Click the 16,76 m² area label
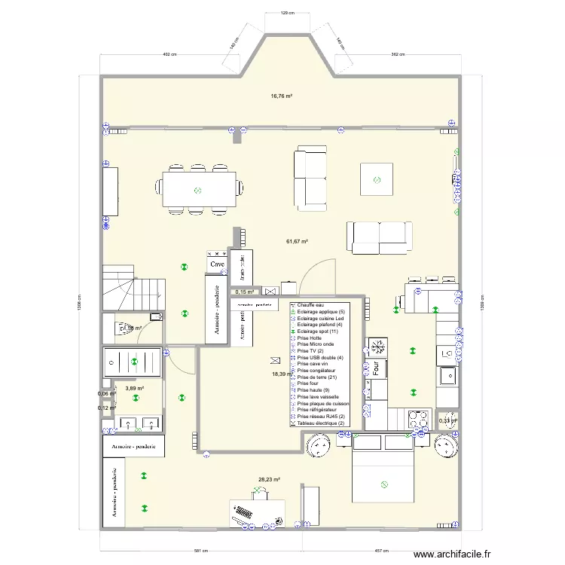pos(282,96)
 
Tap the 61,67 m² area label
pos(298,241)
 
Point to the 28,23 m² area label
pos(269,479)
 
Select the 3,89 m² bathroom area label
pos(134,389)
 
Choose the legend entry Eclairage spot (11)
pos(319,331)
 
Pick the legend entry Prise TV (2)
pos(310,351)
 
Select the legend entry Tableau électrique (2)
pos(321,423)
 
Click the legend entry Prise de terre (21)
pos(316,377)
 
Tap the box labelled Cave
pos(218,264)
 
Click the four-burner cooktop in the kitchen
pos(416,417)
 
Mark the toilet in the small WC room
pos(118,328)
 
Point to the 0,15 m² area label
pos(244,292)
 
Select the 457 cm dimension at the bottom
pos(381,551)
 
